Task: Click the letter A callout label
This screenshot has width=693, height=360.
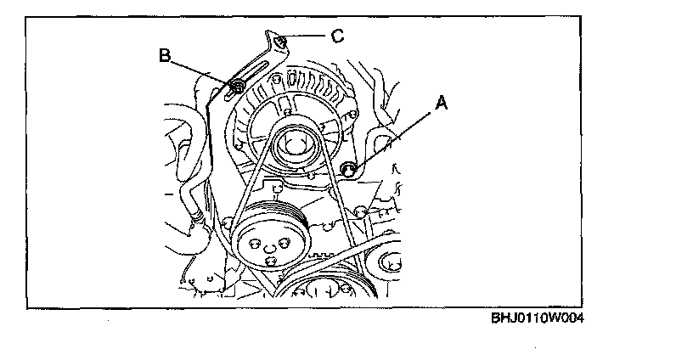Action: point(440,103)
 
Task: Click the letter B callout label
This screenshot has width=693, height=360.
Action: point(166,56)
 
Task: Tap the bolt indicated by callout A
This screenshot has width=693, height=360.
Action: point(346,169)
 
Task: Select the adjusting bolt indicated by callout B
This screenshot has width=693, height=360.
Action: point(239,86)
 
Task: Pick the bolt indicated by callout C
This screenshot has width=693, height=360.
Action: point(279,38)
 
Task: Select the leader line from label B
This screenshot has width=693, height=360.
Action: point(202,70)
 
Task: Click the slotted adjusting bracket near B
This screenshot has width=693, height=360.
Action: point(254,72)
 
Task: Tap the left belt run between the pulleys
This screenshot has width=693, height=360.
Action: point(247,183)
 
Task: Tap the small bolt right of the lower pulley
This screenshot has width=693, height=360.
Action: point(361,211)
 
